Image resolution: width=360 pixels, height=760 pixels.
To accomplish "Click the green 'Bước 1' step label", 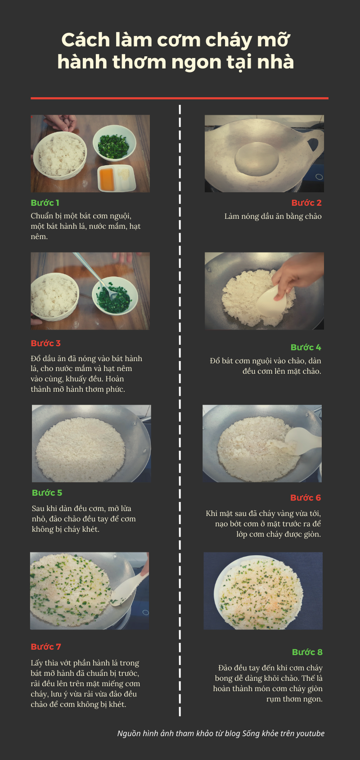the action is click(45, 203).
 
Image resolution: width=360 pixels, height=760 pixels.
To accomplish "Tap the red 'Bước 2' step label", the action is click(306, 203).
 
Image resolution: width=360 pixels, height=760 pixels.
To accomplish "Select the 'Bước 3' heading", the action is click(46, 344).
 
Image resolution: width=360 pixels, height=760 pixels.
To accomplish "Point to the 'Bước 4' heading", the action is click(306, 348).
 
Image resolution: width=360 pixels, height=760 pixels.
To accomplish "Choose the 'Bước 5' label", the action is click(47, 493).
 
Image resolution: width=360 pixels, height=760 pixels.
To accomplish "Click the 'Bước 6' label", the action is click(306, 498).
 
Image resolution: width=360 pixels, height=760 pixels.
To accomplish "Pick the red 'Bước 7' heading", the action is click(46, 647).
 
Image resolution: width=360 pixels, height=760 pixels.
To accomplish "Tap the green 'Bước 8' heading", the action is click(307, 652).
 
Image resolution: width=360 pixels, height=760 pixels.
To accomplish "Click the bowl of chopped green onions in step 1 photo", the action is click(114, 143).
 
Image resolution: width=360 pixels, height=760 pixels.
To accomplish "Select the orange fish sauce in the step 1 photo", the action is click(107, 177).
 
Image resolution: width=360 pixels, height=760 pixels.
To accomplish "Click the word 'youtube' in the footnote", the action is click(310, 733).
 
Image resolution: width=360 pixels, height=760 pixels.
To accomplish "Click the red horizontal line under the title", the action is click(180, 99).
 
